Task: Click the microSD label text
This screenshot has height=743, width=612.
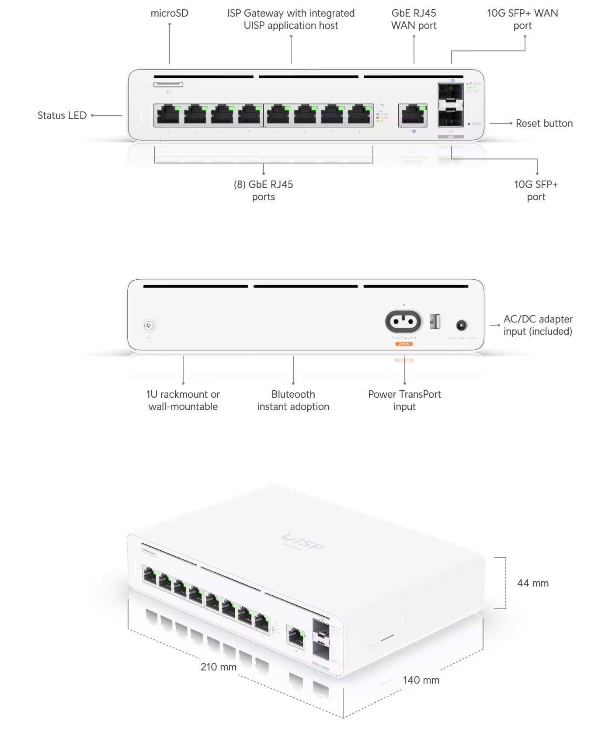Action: click(170, 13)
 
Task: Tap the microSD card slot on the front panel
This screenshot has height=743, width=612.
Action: click(168, 84)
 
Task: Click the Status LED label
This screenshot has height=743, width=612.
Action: click(62, 115)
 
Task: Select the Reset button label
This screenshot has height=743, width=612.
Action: click(544, 123)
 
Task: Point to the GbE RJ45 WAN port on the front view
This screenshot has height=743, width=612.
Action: click(412, 115)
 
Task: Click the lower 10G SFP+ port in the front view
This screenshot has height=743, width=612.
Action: click(451, 117)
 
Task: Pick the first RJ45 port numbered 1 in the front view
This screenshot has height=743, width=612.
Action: click(168, 115)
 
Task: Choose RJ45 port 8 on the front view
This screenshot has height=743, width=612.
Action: click(359, 115)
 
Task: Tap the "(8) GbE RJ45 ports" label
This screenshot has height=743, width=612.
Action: click(264, 191)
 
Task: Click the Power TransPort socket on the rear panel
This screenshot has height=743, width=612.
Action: click(403, 322)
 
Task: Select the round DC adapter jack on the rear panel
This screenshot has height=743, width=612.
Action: click(462, 325)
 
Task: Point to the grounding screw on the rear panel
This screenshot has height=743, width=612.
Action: click(149, 326)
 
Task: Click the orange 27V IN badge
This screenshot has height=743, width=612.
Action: click(404, 344)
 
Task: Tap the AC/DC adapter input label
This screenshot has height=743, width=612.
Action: click(538, 325)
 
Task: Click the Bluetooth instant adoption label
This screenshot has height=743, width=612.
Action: click(293, 400)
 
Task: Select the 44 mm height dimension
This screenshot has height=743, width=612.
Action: click(533, 583)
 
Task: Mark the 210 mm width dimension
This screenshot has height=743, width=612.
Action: click(219, 667)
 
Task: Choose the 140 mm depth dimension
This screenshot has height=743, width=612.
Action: click(421, 680)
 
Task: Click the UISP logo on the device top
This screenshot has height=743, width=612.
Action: click(303, 542)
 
